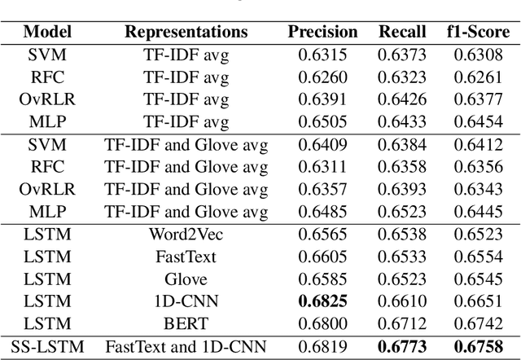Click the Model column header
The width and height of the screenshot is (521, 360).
47,32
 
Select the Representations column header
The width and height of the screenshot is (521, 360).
186,32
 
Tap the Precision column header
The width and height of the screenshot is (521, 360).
322,32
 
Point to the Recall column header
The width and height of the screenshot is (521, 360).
402,32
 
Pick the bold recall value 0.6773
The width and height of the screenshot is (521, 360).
402,345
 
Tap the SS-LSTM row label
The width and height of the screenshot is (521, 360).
47,345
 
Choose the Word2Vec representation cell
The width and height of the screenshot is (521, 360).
186,233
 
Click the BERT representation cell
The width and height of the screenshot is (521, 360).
186,323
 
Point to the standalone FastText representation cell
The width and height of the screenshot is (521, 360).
186,256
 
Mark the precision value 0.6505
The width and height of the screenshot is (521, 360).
322,121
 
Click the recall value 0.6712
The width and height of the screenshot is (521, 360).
402,323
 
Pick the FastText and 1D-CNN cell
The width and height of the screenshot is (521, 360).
186,345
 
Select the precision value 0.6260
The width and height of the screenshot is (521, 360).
322,77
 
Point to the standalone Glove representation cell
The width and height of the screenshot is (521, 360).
186,278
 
